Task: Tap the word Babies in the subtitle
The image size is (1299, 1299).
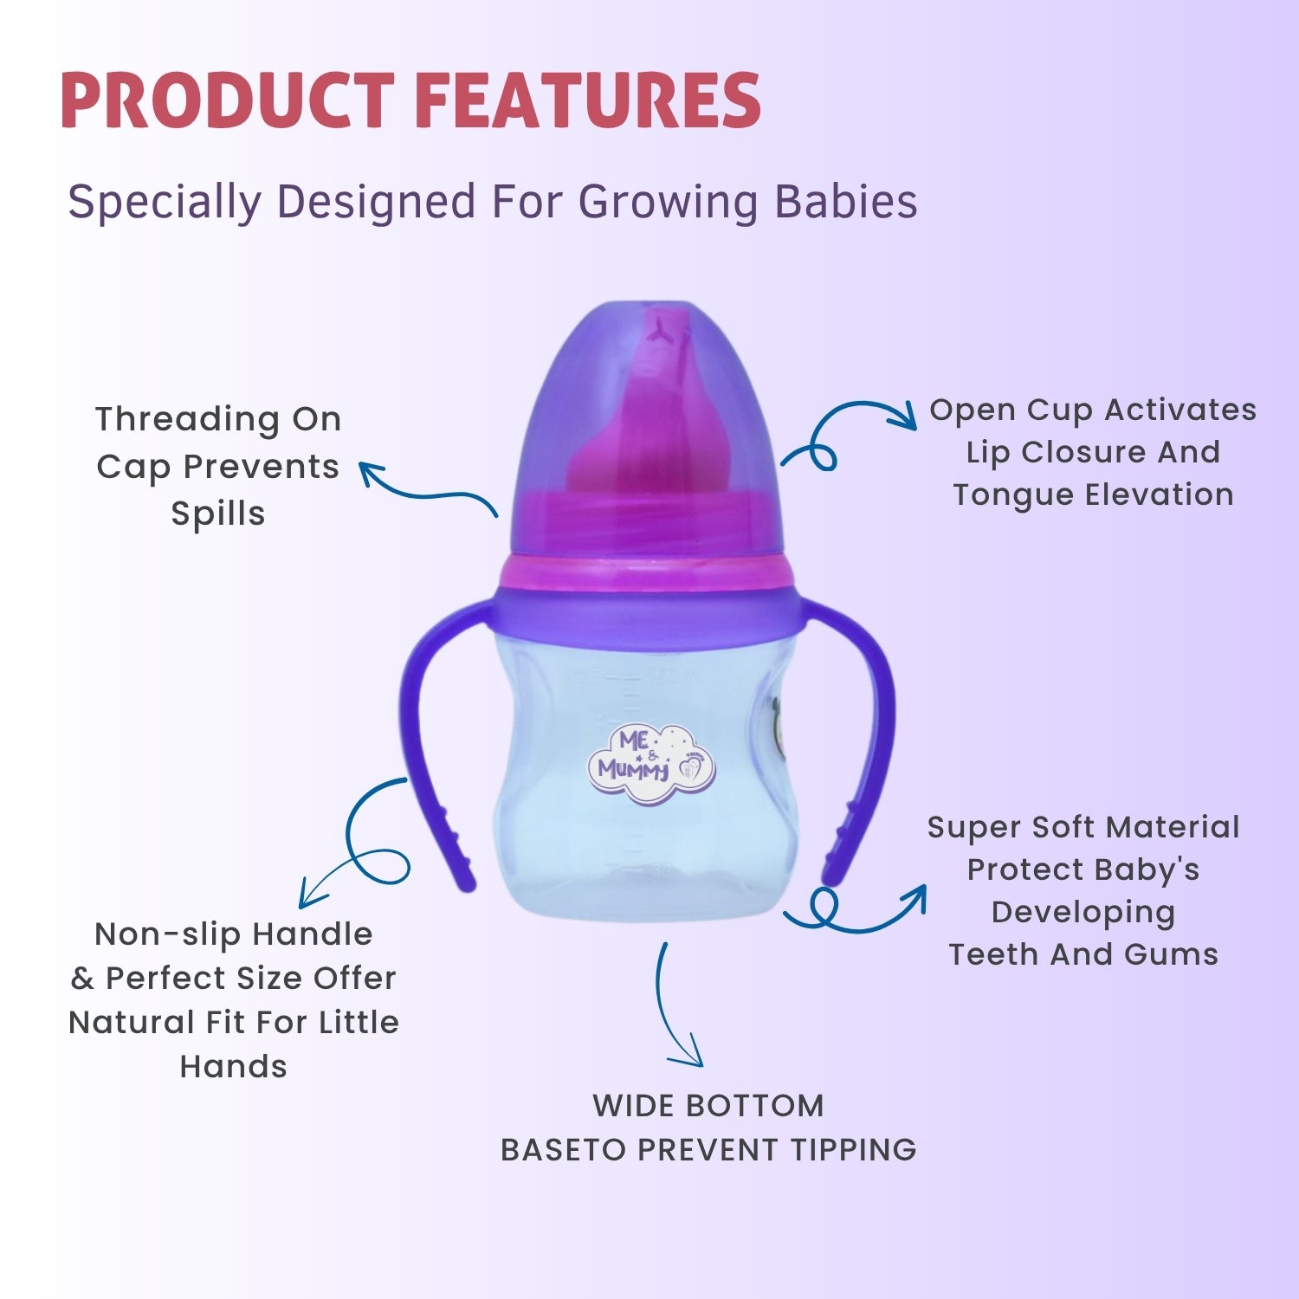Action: pos(845,202)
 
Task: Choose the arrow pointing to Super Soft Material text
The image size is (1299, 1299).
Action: pos(866,914)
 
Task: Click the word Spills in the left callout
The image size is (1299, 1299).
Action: pos(218,514)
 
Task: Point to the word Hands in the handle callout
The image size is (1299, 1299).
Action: pos(233,1066)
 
